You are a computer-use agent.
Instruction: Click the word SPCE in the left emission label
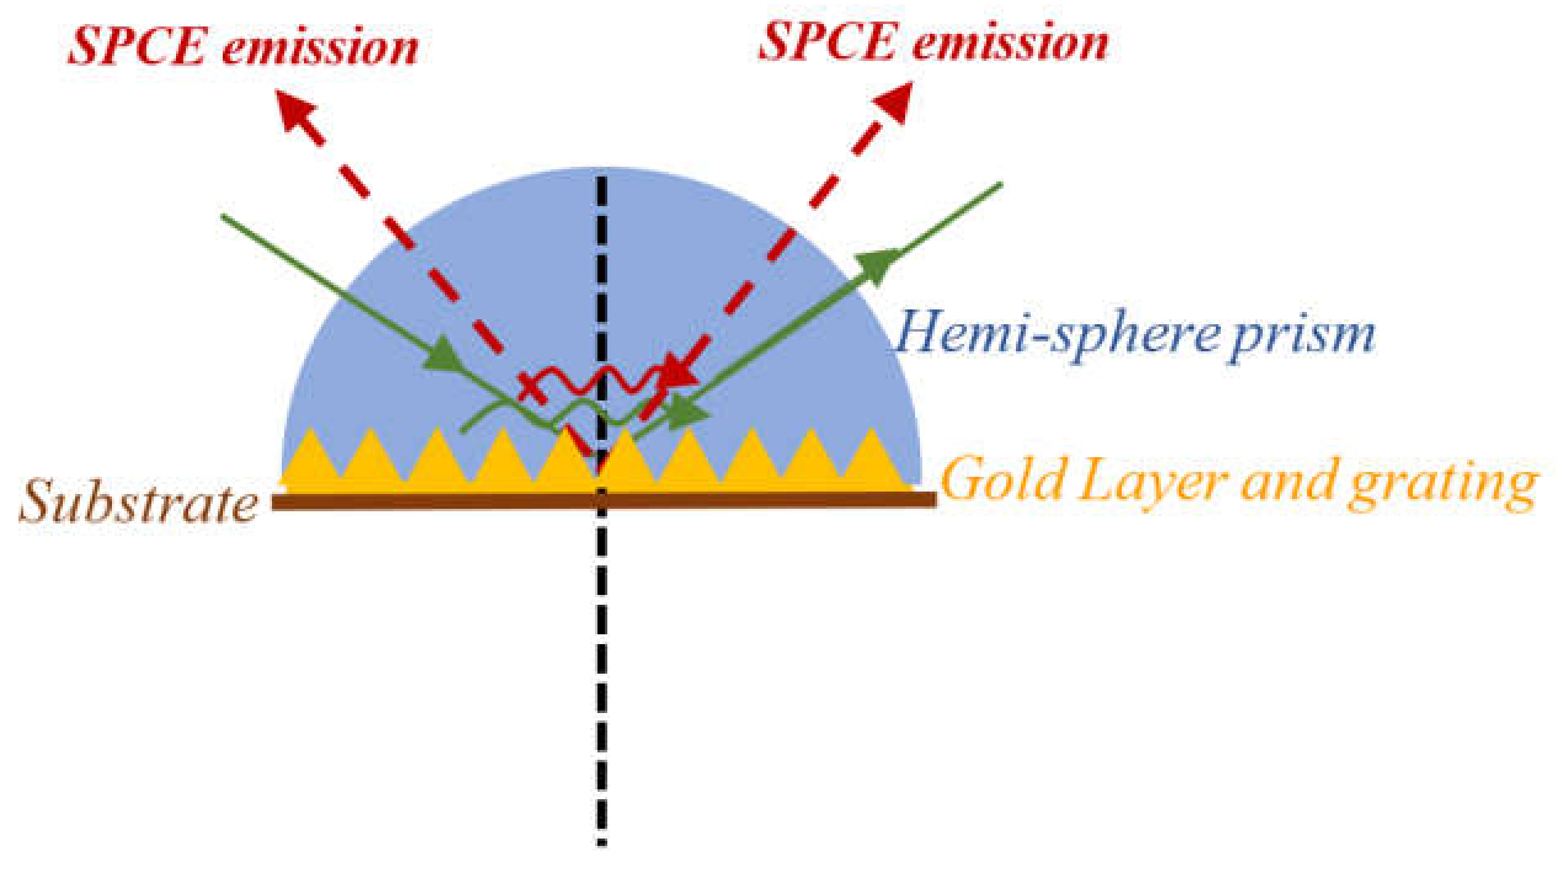click(137, 47)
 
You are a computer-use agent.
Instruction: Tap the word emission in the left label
click(320, 48)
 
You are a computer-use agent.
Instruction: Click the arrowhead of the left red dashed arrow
click(296, 111)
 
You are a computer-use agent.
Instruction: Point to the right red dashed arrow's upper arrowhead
click(894, 102)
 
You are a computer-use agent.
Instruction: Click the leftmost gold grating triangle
click(311, 458)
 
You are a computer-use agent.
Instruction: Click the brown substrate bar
click(431, 502)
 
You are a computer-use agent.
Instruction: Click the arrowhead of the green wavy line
click(689, 413)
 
